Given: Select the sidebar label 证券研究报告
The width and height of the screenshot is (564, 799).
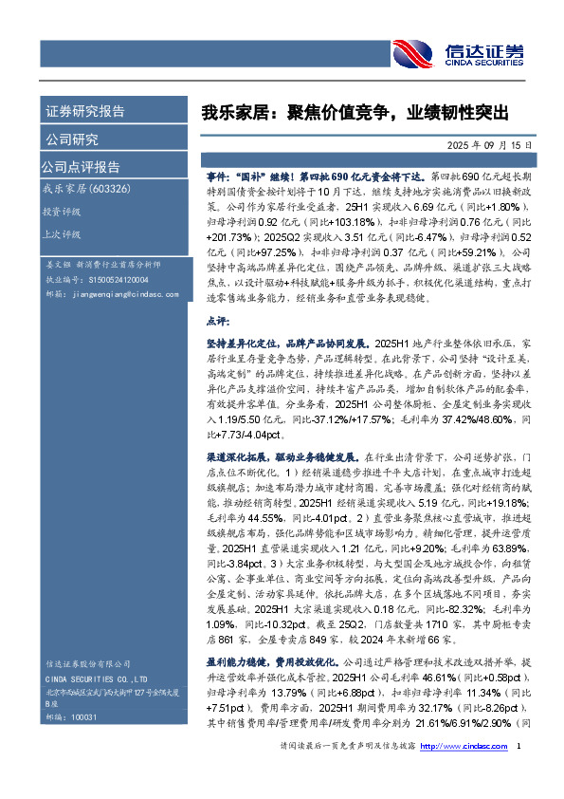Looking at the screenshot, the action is point(85,111).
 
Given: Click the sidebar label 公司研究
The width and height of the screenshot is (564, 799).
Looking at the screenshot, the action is point(72,139).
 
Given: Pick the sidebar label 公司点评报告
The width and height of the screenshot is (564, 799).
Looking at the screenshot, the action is point(80,167).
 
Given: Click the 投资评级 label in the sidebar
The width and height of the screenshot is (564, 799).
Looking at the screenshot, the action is point(63,212).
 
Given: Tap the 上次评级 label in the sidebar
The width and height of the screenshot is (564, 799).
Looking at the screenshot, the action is point(63,233).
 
